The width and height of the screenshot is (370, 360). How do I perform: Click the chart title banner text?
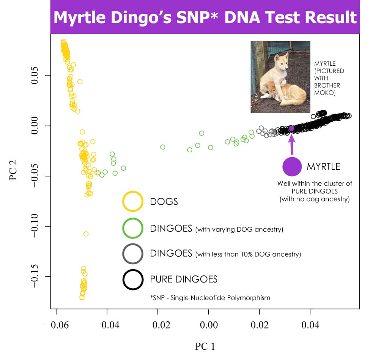205,17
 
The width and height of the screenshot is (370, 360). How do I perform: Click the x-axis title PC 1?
205,346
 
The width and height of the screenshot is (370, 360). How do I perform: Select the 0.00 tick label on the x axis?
208,325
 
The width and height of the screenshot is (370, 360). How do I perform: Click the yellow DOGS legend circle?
133,201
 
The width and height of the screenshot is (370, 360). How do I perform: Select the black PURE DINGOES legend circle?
133,279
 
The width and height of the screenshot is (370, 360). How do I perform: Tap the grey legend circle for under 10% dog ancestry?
133,253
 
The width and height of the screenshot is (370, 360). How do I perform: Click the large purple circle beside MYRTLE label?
292,167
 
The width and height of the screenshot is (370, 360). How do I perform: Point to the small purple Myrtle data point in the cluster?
291,128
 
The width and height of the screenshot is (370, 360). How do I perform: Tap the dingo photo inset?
280,77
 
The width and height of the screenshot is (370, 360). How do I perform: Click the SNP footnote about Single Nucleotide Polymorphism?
210,298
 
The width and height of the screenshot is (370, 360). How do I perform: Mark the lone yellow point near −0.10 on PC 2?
86,234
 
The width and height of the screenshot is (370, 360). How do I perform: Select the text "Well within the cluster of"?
315,183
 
